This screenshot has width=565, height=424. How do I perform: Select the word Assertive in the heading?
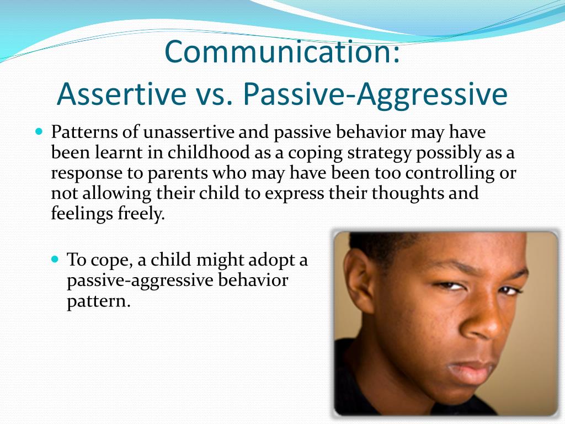point(122,94)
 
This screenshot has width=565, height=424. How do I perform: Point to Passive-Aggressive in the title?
point(375,94)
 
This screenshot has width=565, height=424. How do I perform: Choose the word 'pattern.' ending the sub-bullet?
point(99,301)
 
